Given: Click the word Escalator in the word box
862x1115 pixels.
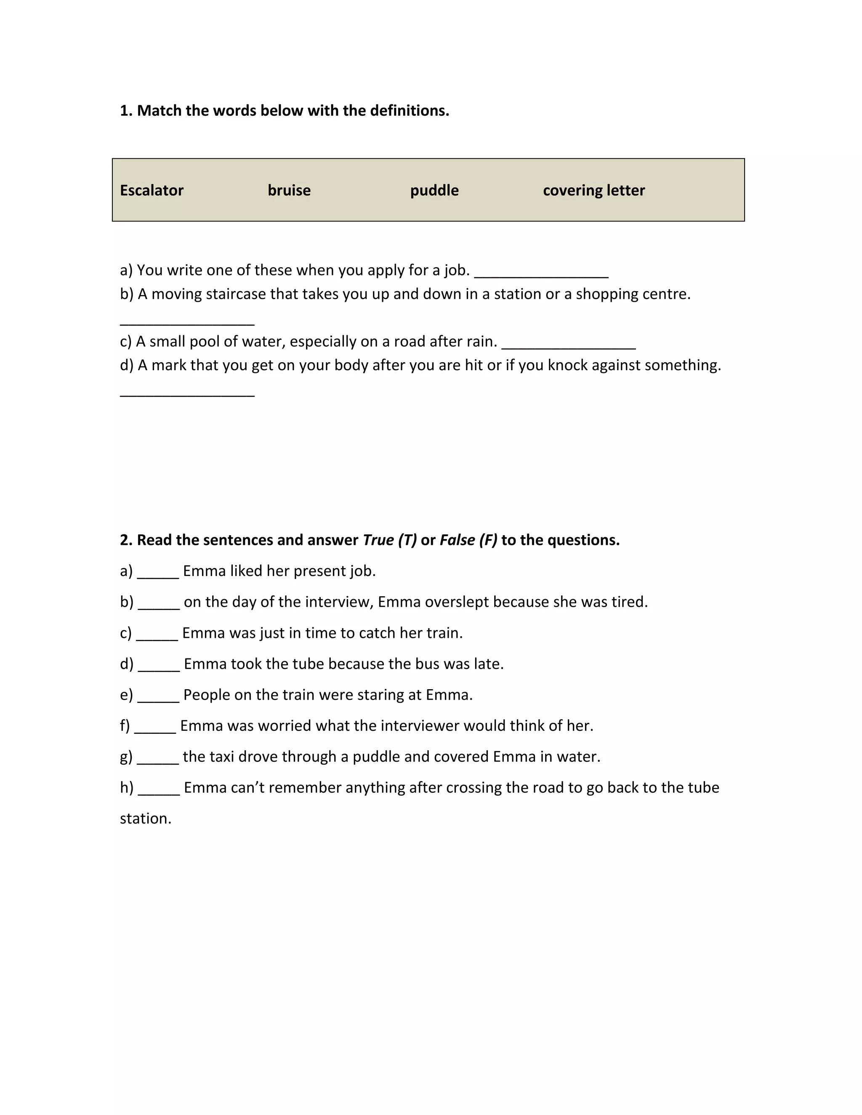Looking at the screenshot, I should coord(151,191).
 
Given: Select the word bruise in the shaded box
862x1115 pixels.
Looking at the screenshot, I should coord(289,191).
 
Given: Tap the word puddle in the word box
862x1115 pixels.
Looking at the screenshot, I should coord(434,191).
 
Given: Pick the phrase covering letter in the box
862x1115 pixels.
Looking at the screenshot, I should coord(593,191).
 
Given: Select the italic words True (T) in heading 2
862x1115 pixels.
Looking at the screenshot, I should coord(390,540).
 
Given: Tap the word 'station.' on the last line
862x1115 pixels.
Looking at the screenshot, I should coord(146,818).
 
